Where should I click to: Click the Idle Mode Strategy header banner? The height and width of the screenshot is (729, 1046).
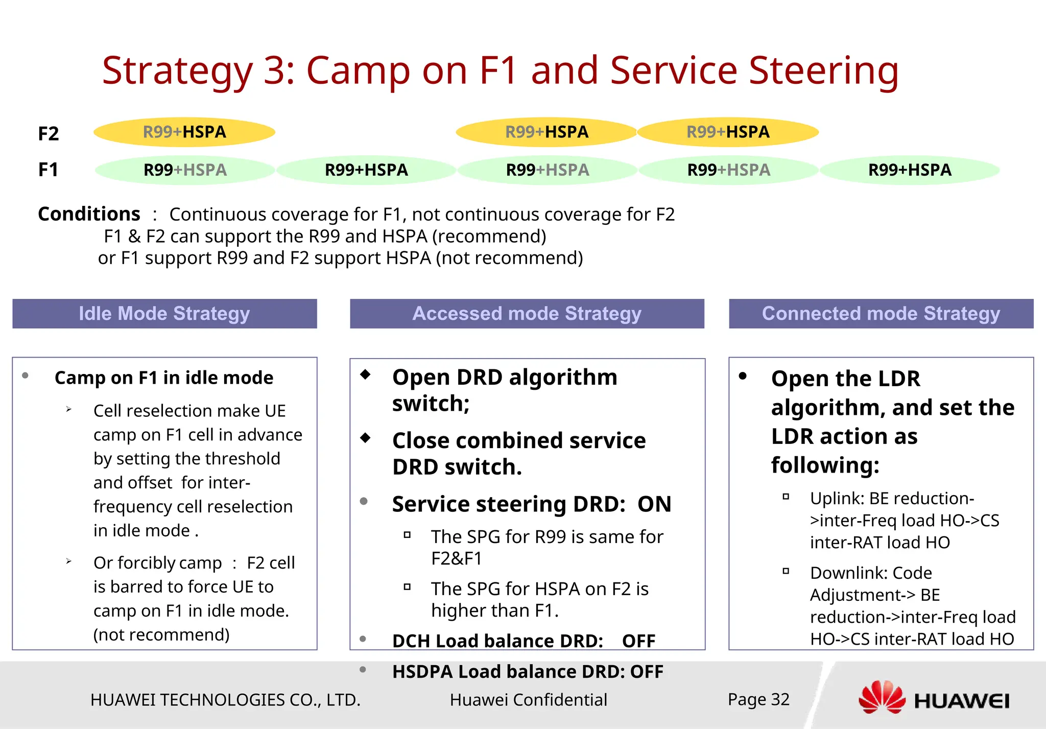pos(164,314)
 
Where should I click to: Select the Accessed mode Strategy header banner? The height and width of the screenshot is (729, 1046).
pos(527,314)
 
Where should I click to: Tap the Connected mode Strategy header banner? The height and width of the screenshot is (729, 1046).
pos(881,314)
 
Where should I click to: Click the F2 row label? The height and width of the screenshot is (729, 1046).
pos(49,134)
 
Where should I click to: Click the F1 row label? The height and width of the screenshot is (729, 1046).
pos(49,170)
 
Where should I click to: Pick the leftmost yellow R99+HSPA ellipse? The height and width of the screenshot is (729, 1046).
pos(184,132)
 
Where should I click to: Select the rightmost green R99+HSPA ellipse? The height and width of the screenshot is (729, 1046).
pos(910,170)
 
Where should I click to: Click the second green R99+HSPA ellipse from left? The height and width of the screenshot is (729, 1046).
pos(366,170)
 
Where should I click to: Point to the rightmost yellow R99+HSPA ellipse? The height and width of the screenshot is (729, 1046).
pos(728,132)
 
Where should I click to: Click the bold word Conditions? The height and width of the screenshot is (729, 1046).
pos(89,214)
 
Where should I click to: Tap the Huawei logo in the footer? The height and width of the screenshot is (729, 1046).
pos(933,699)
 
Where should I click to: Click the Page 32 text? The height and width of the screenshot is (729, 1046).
pos(758,699)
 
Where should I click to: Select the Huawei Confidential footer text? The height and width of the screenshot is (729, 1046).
pos(528,700)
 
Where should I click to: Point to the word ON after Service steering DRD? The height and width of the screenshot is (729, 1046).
pos(654,504)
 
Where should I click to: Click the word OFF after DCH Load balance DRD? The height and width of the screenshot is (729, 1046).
pos(638,641)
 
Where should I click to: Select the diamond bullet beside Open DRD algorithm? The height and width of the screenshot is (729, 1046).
pos(365,374)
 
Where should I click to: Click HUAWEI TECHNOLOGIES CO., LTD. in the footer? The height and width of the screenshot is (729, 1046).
pos(225,700)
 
